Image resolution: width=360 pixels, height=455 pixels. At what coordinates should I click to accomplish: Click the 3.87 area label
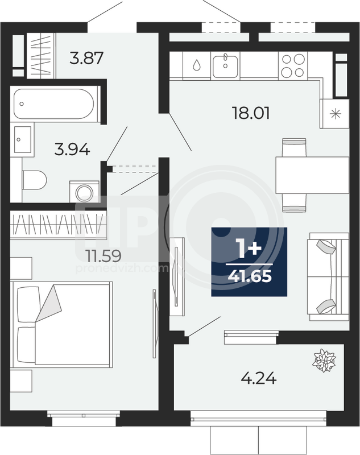[x=86, y=58]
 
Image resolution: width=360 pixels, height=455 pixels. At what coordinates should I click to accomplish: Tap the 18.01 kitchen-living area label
[x=251, y=113]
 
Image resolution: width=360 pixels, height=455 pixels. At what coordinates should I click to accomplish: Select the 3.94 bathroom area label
[x=72, y=150]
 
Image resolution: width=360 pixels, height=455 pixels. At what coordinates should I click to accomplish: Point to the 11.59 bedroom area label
[x=104, y=255]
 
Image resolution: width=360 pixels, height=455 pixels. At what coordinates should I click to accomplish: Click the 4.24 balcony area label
[x=259, y=378]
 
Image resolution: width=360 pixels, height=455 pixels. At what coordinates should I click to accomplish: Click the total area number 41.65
[x=250, y=276]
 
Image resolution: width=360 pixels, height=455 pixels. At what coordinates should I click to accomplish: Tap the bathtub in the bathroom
[x=53, y=104]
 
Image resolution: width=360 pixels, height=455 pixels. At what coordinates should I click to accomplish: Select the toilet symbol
[x=34, y=180]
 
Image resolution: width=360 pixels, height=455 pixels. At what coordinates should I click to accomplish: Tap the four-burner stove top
[x=293, y=65]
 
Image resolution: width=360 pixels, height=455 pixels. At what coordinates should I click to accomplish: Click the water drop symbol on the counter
[x=197, y=65]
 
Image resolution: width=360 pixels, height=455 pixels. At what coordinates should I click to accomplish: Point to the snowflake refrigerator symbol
[x=336, y=113]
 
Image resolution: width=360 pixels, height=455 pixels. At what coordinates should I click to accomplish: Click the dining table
[x=312, y=175]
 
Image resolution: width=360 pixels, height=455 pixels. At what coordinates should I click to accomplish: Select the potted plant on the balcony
[x=324, y=361]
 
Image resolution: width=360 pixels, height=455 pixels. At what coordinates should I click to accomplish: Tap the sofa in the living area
[x=329, y=276]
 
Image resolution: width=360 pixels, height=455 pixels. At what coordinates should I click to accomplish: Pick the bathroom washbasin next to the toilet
[x=23, y=139]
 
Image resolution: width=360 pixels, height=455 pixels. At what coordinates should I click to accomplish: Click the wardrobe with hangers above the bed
[x=58, y=225]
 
